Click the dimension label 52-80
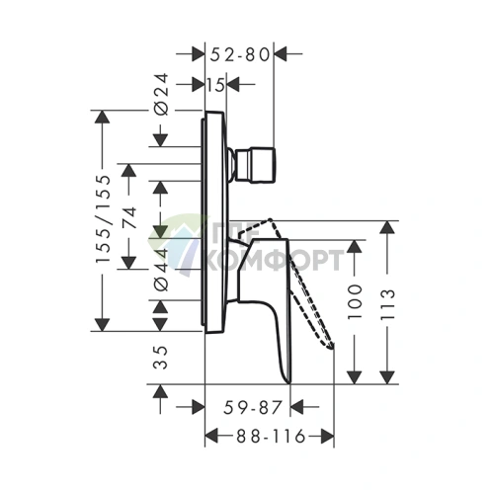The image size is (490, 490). pyautogui.click(x=240, y=54)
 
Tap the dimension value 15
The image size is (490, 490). pyautogui.click(x=216, y=85)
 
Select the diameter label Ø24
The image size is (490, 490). pyautogui.click(x=162, y=94)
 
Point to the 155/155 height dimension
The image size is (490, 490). pyautogui.click(x=102, y=219)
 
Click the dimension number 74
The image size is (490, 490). pyautogui.click(x=129, y=217)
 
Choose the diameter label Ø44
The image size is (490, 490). pyautogui.click(x=162, y=270)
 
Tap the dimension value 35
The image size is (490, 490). pyautogui.click(x=161, y=358)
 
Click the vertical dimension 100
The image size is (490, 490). pyautogui.click(x=355, y=301)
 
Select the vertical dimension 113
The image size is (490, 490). pyautogui.click(x=387, y=304)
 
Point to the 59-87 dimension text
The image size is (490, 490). pyautogui.click(x=253, y=407)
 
